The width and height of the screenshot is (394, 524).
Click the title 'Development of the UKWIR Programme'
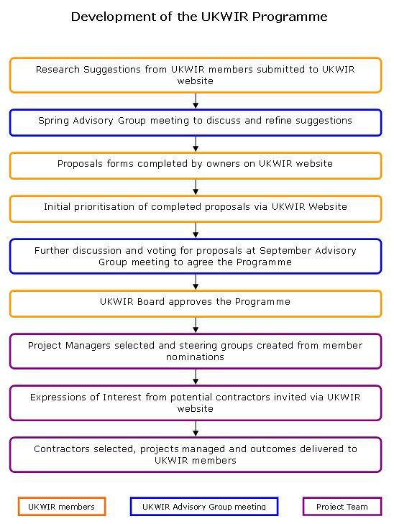[199, 17]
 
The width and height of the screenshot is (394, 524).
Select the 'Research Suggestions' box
[196, 75]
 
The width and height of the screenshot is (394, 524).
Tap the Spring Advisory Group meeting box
[196, 123]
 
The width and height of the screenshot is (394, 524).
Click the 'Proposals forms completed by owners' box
[196, 166]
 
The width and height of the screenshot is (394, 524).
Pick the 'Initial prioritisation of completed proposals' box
[196, 209]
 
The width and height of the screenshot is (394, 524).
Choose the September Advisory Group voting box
[196, 257]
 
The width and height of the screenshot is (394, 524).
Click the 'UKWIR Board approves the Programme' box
[196, 304]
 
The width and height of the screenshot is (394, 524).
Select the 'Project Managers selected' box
[196, 351]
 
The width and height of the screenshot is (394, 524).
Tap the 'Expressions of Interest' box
[196, 403]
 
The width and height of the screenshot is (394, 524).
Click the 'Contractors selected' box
[196, 455]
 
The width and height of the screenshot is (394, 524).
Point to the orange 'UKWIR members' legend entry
[62, 507]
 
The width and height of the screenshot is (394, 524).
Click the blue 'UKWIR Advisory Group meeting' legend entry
[204, 507]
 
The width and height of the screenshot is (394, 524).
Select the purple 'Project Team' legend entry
[342, 507]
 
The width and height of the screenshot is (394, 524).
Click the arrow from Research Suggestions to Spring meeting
[196, 101]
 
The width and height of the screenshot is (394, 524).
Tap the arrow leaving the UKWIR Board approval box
[196, 326]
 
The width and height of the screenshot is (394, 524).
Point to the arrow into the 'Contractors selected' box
[196, 428]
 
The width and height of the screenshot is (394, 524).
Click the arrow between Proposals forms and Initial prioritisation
[196, 188]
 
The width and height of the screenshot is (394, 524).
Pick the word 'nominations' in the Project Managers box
[195, 357]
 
